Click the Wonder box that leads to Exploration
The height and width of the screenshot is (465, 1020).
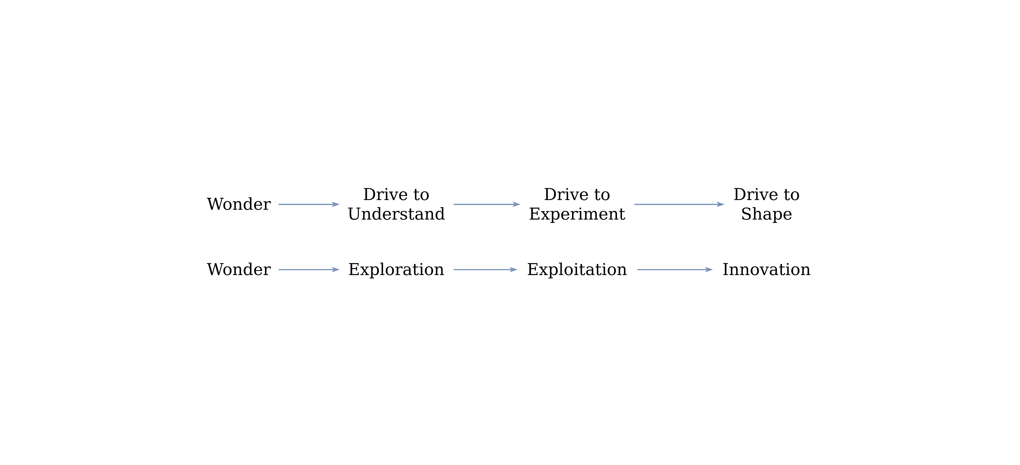(239, 269)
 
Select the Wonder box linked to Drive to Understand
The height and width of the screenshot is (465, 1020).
(239, 204)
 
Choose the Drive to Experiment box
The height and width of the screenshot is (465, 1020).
(577, 204)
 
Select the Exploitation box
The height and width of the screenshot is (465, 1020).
(577, 269)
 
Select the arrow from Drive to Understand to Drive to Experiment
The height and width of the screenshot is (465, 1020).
(486, 204)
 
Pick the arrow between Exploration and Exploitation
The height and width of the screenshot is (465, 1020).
(485, 269)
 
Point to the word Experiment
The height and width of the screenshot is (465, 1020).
(577, 214)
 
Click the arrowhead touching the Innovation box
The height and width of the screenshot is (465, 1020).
(709, 269)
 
